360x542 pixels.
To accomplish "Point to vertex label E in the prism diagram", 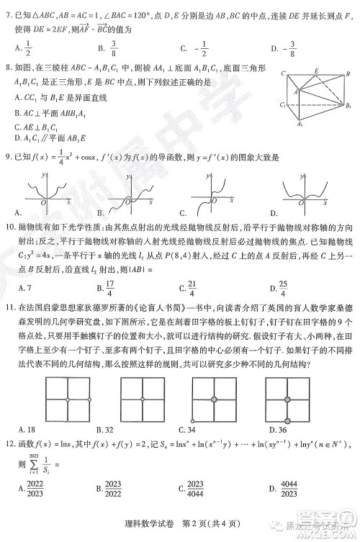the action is pyautogui.click(x=318, y=71).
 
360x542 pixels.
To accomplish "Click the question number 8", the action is pyautogui.click(x=9, y=69).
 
